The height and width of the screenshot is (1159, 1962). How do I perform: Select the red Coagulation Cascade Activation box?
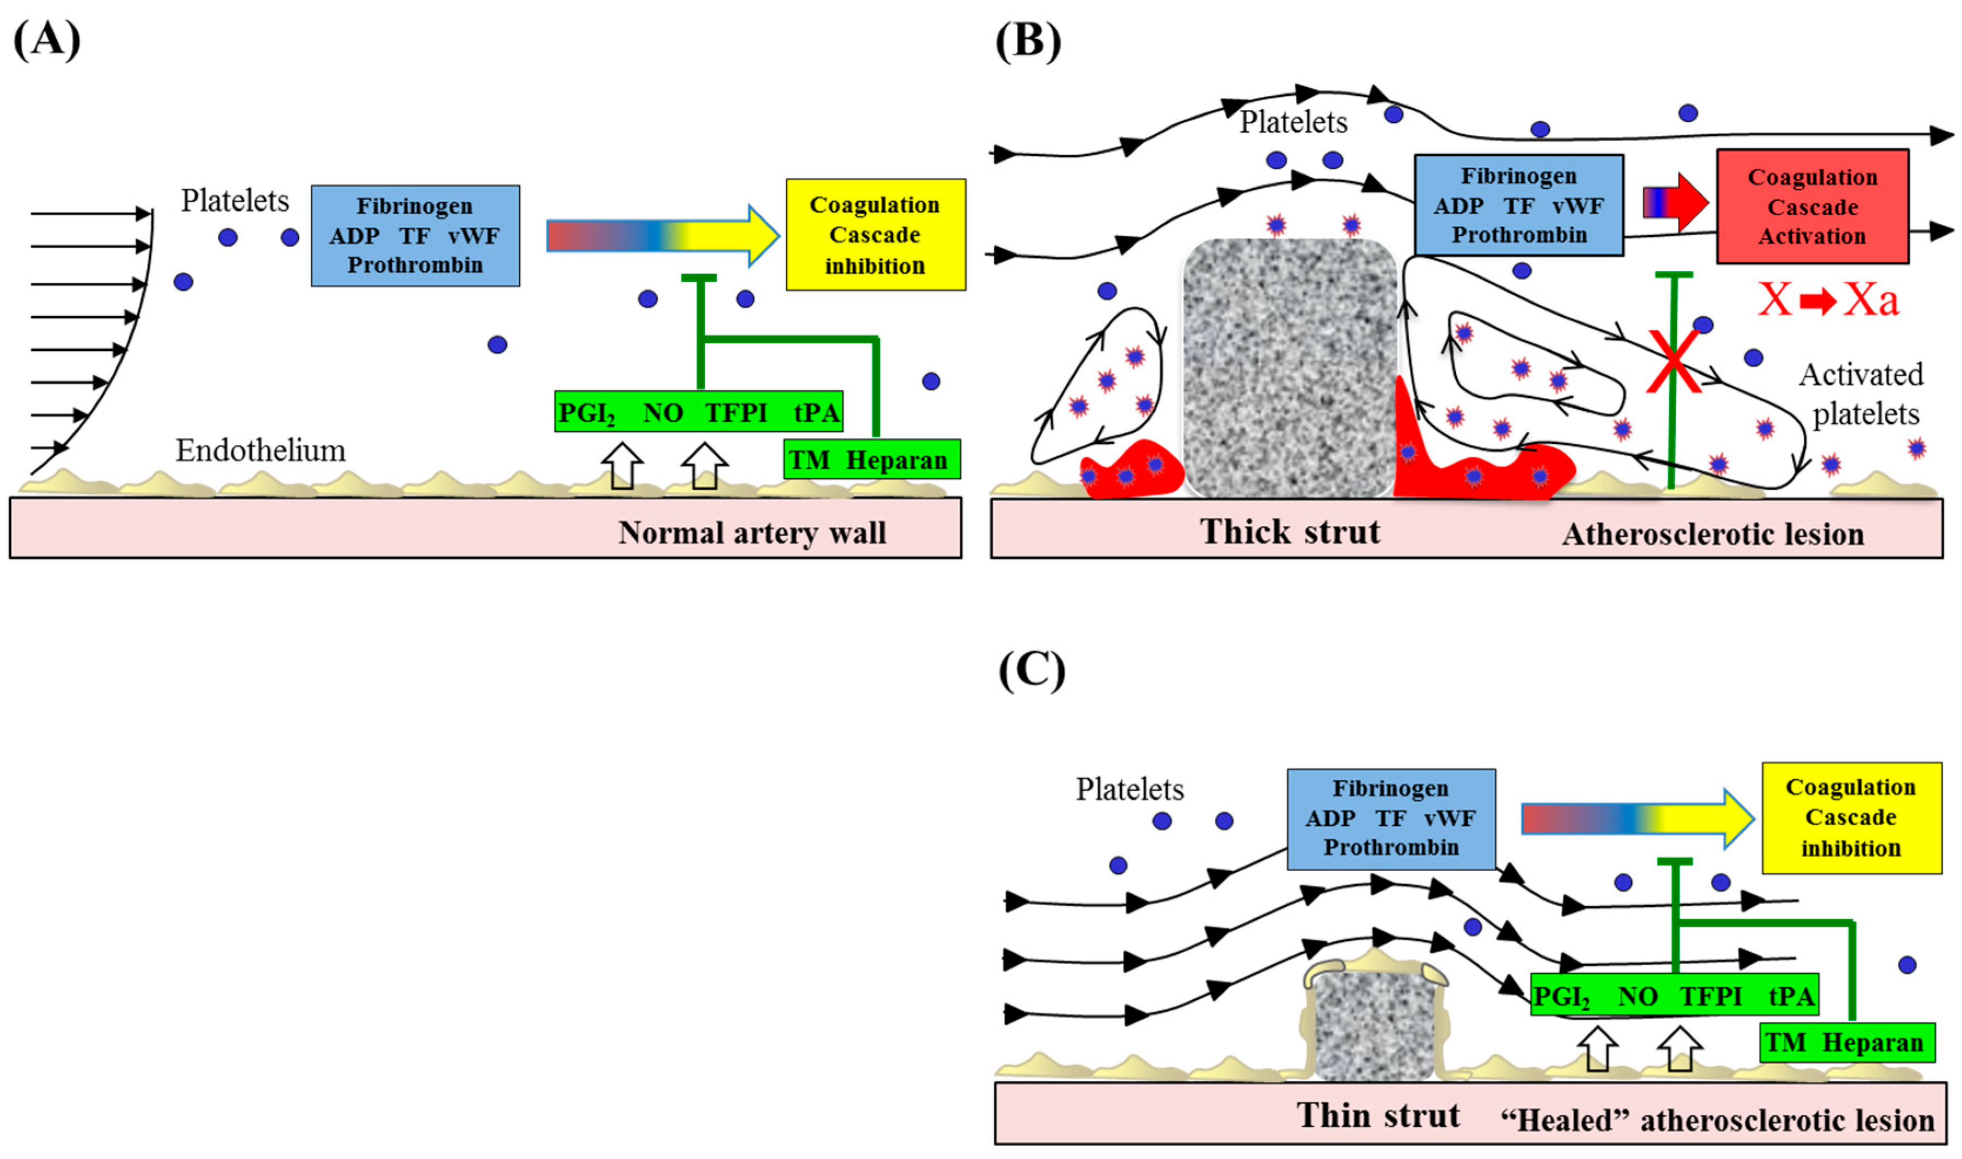1811,207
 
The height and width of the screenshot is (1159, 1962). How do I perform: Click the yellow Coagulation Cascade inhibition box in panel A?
875,234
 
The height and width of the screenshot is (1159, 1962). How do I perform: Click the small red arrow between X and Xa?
1818,300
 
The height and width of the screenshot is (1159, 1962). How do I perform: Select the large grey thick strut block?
1289,367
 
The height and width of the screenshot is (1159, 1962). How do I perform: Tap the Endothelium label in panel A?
260,451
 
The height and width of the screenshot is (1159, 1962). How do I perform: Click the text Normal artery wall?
751,532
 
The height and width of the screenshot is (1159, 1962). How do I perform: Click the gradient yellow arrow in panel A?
662,236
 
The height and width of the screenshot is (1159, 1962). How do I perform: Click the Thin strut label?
1378,1115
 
